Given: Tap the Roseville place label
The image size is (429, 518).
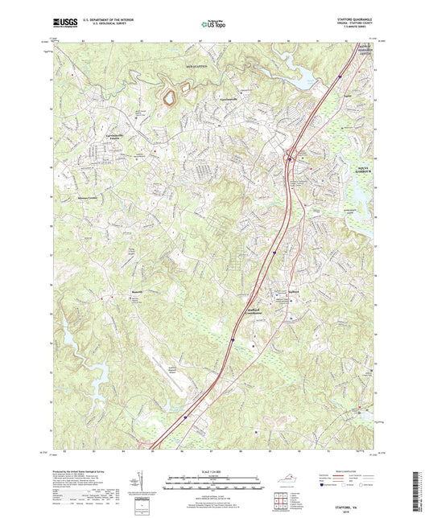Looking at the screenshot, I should click(116, 292).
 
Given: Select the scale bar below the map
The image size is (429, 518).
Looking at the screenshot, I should click(214, 485).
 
